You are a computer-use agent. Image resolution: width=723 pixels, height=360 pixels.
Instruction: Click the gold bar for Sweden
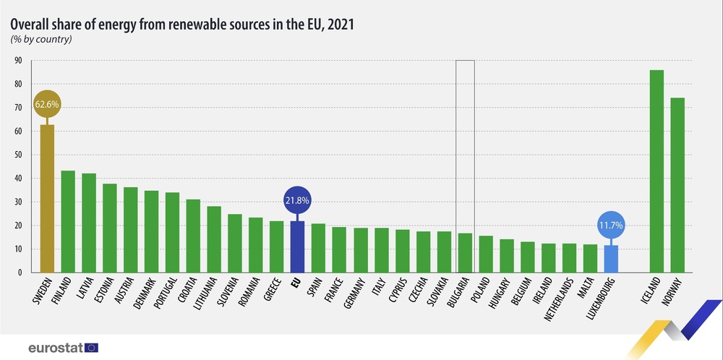[x=47, y=199]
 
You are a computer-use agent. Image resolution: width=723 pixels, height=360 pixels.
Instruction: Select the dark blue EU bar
[x=297, y=247]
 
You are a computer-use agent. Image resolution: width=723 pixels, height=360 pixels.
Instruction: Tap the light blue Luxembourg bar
[x=611, y=259]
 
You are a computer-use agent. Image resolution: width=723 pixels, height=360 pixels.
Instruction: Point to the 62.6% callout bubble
[x=47, y=104]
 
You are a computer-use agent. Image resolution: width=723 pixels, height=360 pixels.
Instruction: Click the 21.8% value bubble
[x=297, y=200]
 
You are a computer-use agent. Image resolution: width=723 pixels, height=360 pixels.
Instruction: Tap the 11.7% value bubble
[x=611, y=225]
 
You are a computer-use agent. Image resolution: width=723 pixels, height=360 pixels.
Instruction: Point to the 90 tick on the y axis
[x=17, y=61]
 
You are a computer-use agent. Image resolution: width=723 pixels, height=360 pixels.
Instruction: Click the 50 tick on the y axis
[x=17, y=155]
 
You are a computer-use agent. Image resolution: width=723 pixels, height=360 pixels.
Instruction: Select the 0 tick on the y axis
[x=20, y=273]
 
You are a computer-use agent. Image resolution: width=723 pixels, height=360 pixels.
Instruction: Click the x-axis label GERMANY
[x=354, y=293]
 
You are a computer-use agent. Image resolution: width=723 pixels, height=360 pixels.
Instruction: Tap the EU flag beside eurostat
[x=92, y=347]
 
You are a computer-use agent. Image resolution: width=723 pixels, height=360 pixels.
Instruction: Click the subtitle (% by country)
[x=40, y=38]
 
